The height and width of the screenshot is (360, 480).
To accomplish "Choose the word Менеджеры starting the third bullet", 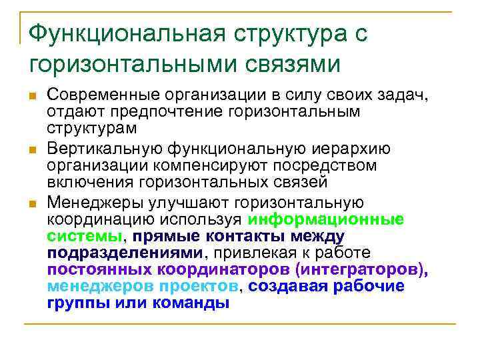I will pos(98,203).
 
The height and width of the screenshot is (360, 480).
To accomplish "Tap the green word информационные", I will pos(325,219).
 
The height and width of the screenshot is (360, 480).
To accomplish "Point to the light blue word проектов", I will pos(194,286).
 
